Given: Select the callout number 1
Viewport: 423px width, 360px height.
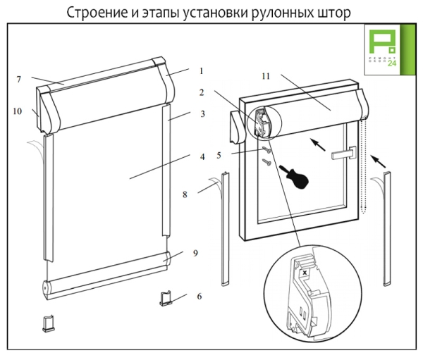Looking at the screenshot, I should click(201, 71).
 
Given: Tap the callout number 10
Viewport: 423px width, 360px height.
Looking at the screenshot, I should click(17, 111).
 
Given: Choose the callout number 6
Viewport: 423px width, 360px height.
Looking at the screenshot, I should click(198, 297).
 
